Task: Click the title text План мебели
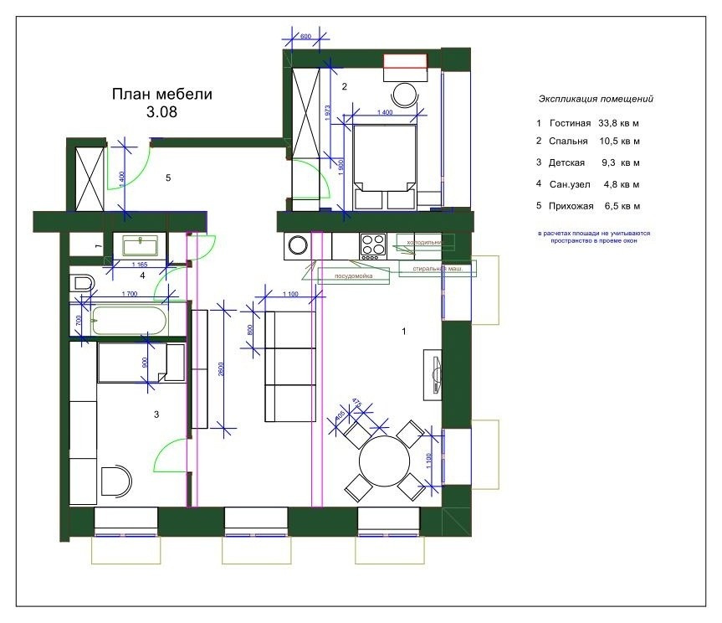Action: pyautogui.click(x=161, y=94)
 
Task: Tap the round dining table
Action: pyautogui.click(x=384, y=461)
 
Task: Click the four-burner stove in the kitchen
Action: pyautogui.click(x=372, y=245)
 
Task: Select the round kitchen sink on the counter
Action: pyautogui.click(x=297, y=245)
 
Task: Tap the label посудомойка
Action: pyautogui.click(x=354, y=275)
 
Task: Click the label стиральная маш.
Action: pyautogui.click(x=438, y=269)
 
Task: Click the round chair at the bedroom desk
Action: pyautogui.click(x=406, y=94)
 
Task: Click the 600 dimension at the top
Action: pyautogui.click(x=305, y=36)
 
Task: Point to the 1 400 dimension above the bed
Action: pyautogui.click(x=385, y=112)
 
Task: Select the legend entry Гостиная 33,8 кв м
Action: pyautogui.click(x=588, y=123)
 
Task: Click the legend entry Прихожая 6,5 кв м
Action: pyautogui.click(x=588, y=205)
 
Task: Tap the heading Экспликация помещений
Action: pyautogui.click(x=596, y=98)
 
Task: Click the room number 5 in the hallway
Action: pyautogui.click(x=168, y=178)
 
